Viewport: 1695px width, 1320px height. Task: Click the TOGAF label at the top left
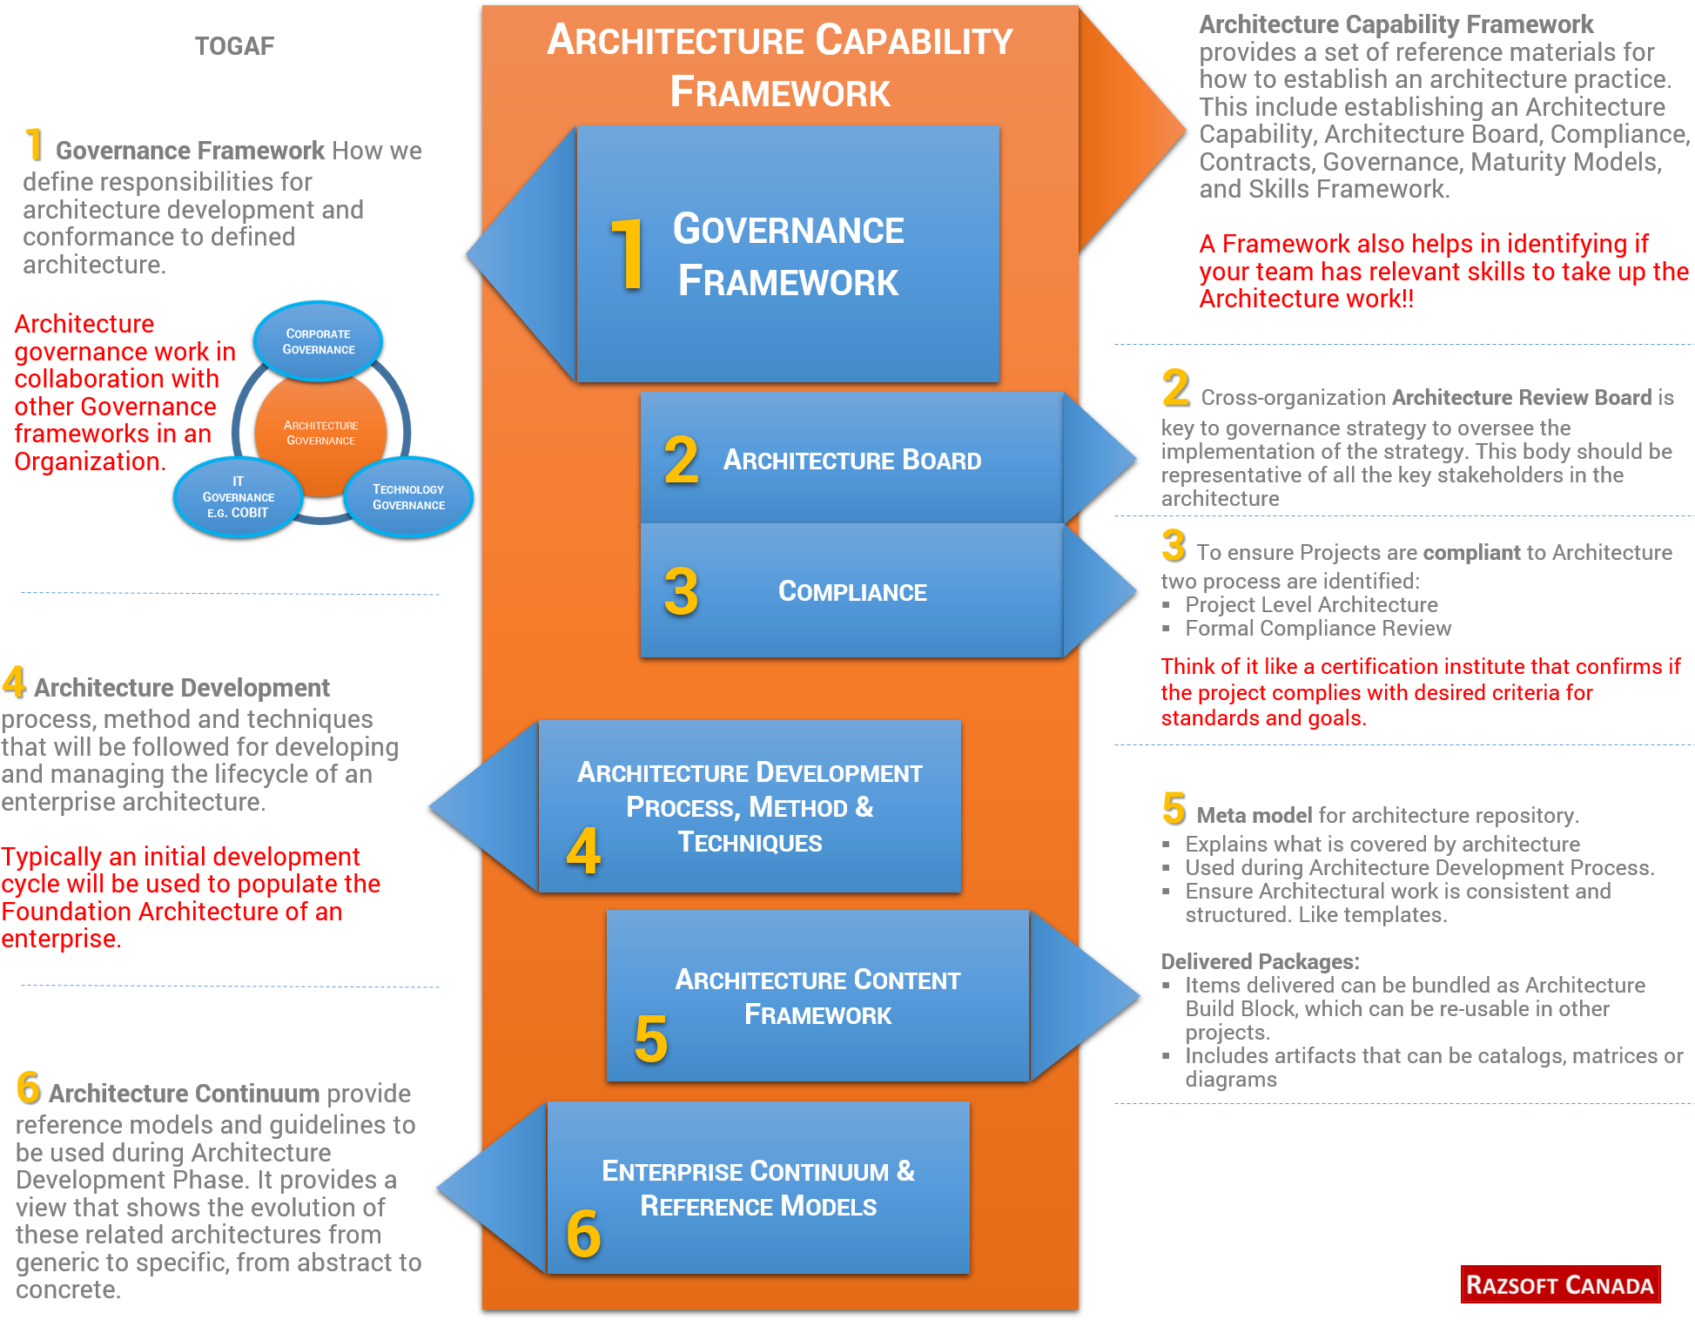pyautogui.click(x=234, y=46)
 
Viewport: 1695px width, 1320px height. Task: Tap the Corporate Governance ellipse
pyautogui.click(x=318, y=341)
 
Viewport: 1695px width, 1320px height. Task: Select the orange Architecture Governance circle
pyautogui.click(x=320, y=433)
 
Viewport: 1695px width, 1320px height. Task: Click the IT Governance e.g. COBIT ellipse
pyautogui.click(x=238, y=497)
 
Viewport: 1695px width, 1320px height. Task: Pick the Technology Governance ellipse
pyautogui.click(x=408, y=497)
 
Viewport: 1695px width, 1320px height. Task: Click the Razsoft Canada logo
pyautogui.click(x=1559, y=1285)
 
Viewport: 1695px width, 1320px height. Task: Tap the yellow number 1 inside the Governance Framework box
pyautogui.click(x=627, y=254)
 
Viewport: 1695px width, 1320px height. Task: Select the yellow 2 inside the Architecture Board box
pyautogui.click(x=681, y=460)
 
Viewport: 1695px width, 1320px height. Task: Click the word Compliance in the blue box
pyautogui.click(x=852, y=592)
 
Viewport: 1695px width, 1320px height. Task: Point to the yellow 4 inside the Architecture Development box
pyautogui.click(x=583, y=851)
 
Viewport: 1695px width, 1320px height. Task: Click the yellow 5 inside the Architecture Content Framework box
pyautogui.click(x=651, y=1039)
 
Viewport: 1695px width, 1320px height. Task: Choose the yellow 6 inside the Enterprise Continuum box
pyautogui.click(x=583, y=1234)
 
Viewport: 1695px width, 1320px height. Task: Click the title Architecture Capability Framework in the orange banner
pyautogui.click(x=780, y=66)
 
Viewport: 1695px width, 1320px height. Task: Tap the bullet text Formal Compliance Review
pyautogui.click(x=1317, y=629)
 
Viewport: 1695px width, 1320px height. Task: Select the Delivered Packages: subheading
pyautogui.click(x=1260, y=961)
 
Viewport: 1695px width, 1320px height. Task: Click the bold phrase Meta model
pyautogui.click(x=1254, y=816)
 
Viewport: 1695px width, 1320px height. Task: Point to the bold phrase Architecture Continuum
pyautogui.click(x=185, y=1094)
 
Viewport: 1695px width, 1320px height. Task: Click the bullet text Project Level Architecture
pyautogui.click(x=1311, y=605)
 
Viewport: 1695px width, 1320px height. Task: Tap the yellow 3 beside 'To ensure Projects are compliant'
pyautogui.click(x=1173, y=546)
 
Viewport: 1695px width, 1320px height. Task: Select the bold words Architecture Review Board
pyautogui.click(x=1521, y=398)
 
